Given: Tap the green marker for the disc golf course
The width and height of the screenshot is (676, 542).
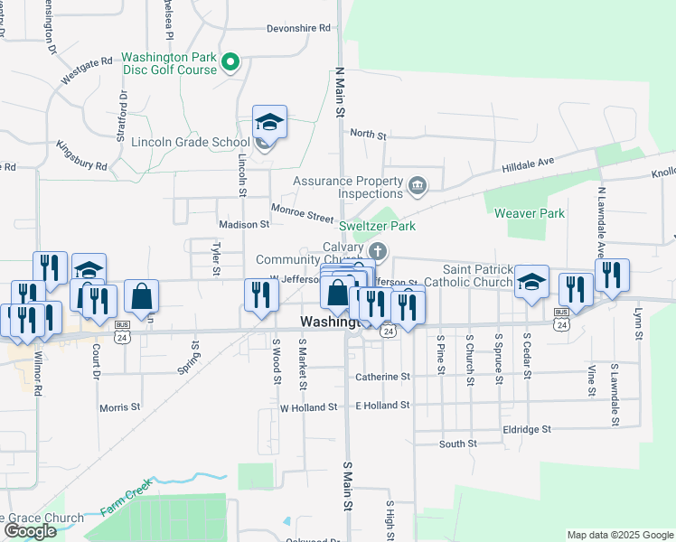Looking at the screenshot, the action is [x=230, y=62].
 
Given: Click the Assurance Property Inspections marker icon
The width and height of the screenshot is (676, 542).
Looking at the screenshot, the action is [x=417, y=187].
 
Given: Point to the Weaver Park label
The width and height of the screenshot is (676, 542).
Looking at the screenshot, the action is [x=530, y=213].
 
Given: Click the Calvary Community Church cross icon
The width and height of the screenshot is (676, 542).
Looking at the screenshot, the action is [x=379, y=250].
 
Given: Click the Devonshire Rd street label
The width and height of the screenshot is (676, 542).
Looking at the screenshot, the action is [x=298, y=29].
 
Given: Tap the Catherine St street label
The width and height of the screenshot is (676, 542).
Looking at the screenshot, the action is [x=382, y=376].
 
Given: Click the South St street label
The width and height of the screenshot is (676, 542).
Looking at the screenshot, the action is [x=457, y=444].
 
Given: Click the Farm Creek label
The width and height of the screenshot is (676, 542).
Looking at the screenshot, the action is [x=124, y=503].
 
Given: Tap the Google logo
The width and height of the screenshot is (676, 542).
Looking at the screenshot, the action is [x=30, y=531].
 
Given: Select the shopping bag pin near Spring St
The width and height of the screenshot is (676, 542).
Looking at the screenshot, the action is [x=141, y=295].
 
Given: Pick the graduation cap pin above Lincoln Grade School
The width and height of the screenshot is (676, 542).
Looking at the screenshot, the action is [x=269, y=121].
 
